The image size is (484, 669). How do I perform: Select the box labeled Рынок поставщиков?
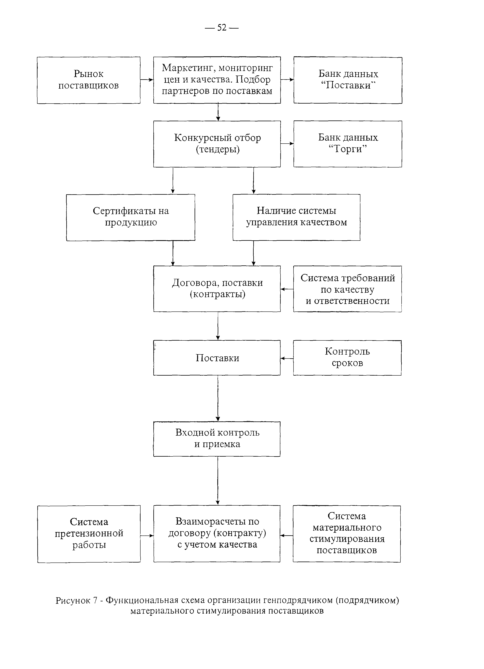[88, 80]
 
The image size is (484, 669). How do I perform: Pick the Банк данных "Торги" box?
[348, 144]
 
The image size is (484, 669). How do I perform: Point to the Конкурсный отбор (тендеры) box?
[217, 144]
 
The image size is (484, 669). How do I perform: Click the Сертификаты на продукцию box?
[130, 217]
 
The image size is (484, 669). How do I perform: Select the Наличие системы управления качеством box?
[296, 217]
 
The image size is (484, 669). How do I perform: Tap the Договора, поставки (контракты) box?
[217, 289]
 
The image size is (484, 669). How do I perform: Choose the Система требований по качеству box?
[347, 289]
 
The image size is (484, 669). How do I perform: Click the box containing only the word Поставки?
[217, 358]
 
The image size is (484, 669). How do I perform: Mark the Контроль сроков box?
[347, 358]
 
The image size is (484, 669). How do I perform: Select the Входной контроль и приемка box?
[217, 439]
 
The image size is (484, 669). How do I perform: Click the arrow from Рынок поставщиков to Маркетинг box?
[147, 80]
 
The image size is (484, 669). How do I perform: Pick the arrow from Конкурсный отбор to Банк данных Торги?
[287, 144]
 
